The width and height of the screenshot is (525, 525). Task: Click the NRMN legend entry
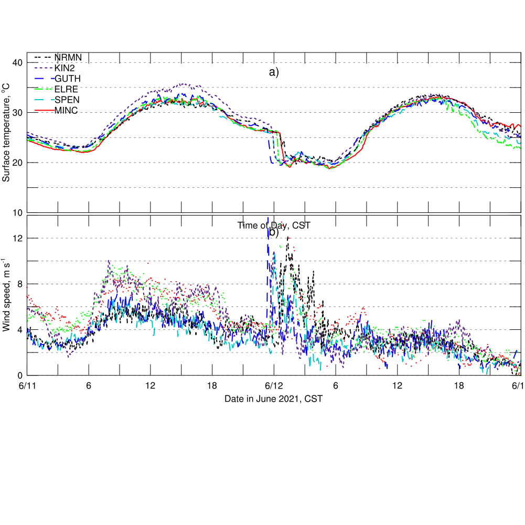click(x=68, y=57)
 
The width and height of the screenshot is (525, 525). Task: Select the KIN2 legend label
click(x=65, y=68)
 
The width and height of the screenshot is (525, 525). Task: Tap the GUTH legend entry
click(x=67, y=79)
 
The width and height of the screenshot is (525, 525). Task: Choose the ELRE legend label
click(x=66, y=89)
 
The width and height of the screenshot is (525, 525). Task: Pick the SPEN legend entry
click(x=67, y=100)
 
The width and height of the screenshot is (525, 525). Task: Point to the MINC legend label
click(x=66, y=110)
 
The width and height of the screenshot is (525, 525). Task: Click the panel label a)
click(x=274, y=72)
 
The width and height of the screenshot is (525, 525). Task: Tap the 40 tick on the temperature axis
click(x=18, y=63)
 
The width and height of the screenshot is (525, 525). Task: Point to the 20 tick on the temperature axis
click(x=18, y=163)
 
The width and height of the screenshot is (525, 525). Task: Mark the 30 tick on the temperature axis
click(x=18, y=113)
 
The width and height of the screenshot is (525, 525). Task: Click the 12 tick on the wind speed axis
click(x=18, y=238)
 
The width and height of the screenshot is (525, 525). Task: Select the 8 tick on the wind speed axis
click(x=20, y=284)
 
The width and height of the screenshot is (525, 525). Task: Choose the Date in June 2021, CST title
click(x=273, y=399)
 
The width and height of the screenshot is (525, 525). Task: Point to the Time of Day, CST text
click(x=274, y=226)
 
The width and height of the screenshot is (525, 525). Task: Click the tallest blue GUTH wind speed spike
click(x=268, y=219)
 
